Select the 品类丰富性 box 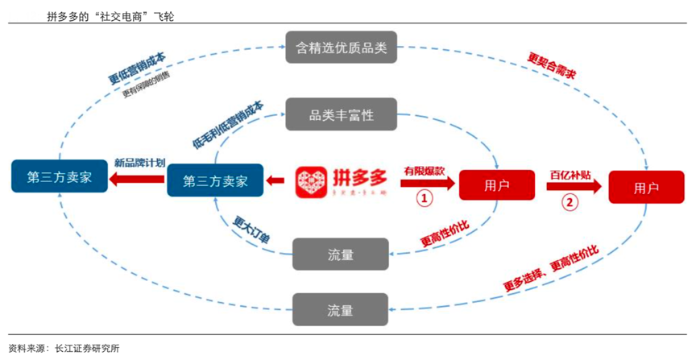(342, 114)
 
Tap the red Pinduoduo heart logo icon (310, 182)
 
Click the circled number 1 (425, 198)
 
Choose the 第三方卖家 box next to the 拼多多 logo (216, 181)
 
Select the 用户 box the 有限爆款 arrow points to (496, 185)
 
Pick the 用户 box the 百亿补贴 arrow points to (646, 188)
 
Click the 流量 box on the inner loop (341, 254)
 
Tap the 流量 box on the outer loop (341, 309)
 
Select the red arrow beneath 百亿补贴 (574, 186)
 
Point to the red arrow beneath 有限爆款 (428, 184)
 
